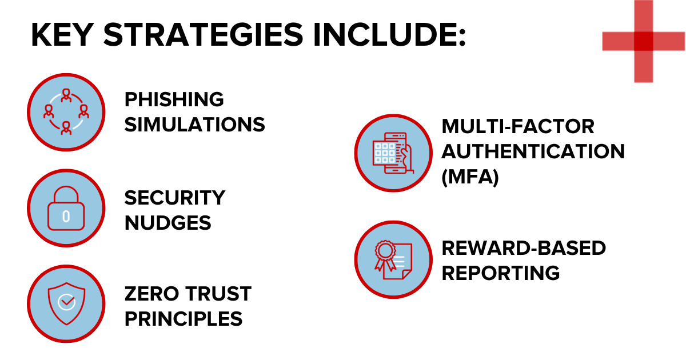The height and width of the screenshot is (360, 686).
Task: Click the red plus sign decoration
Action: [644, 41]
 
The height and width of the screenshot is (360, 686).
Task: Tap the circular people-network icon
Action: [66, 112]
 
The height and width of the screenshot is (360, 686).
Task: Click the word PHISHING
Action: [174, 99]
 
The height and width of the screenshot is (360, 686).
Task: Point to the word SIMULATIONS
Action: [195, 125]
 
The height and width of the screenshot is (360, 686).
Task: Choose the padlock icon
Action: [66, 208]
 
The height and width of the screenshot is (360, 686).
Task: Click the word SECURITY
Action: [175, 198]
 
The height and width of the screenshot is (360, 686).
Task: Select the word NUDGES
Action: [168, 222]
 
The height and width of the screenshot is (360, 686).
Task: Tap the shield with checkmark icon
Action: [66, 303]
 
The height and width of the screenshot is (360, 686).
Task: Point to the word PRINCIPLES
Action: [184, 319]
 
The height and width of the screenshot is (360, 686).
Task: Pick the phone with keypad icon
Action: [393, 153]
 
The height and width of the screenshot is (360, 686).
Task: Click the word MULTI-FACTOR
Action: [518, 126]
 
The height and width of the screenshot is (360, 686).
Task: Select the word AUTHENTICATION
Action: [533, 151]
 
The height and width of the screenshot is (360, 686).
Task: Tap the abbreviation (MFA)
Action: [470, 177]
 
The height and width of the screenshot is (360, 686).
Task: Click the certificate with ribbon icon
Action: [393, 259]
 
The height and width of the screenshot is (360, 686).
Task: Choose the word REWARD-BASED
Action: [524, 247]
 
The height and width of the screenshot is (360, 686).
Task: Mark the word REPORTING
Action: [501, 273]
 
